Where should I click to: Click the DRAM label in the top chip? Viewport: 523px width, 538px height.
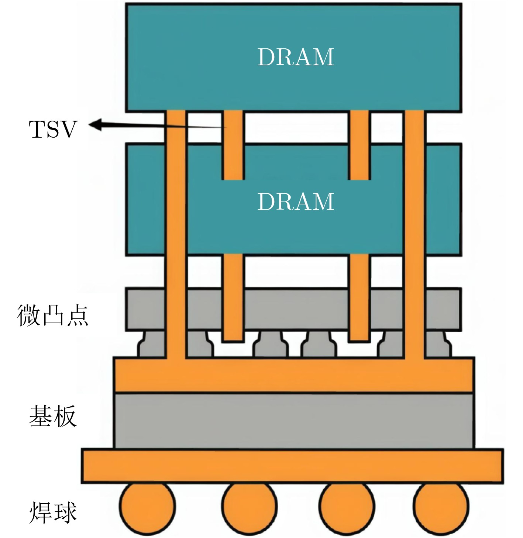click(x=296, y=57)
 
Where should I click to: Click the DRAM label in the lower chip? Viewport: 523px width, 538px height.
click(x=296, y=201)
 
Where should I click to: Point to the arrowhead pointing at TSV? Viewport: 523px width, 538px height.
click(x=95, y=125)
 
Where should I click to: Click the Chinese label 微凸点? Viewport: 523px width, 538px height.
click(x=53, y=316)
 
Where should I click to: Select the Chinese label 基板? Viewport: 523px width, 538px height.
click(x=53, y=416)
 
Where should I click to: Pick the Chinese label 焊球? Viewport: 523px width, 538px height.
click(x=53, y=512)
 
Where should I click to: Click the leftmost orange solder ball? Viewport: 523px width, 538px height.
click(x=147, y=507)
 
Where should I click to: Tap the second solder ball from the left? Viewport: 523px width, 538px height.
click(x=250, y=507)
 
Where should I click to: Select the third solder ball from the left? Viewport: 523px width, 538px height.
click(x=347, y=507)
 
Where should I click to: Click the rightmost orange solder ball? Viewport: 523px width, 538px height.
click(x=441, y=507)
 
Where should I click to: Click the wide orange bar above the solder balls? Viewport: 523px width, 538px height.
click(x=293, y=466)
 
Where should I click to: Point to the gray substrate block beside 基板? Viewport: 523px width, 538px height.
click(x=293, y=421)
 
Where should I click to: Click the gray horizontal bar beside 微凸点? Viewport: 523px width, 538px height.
click(x=293, y=309)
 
